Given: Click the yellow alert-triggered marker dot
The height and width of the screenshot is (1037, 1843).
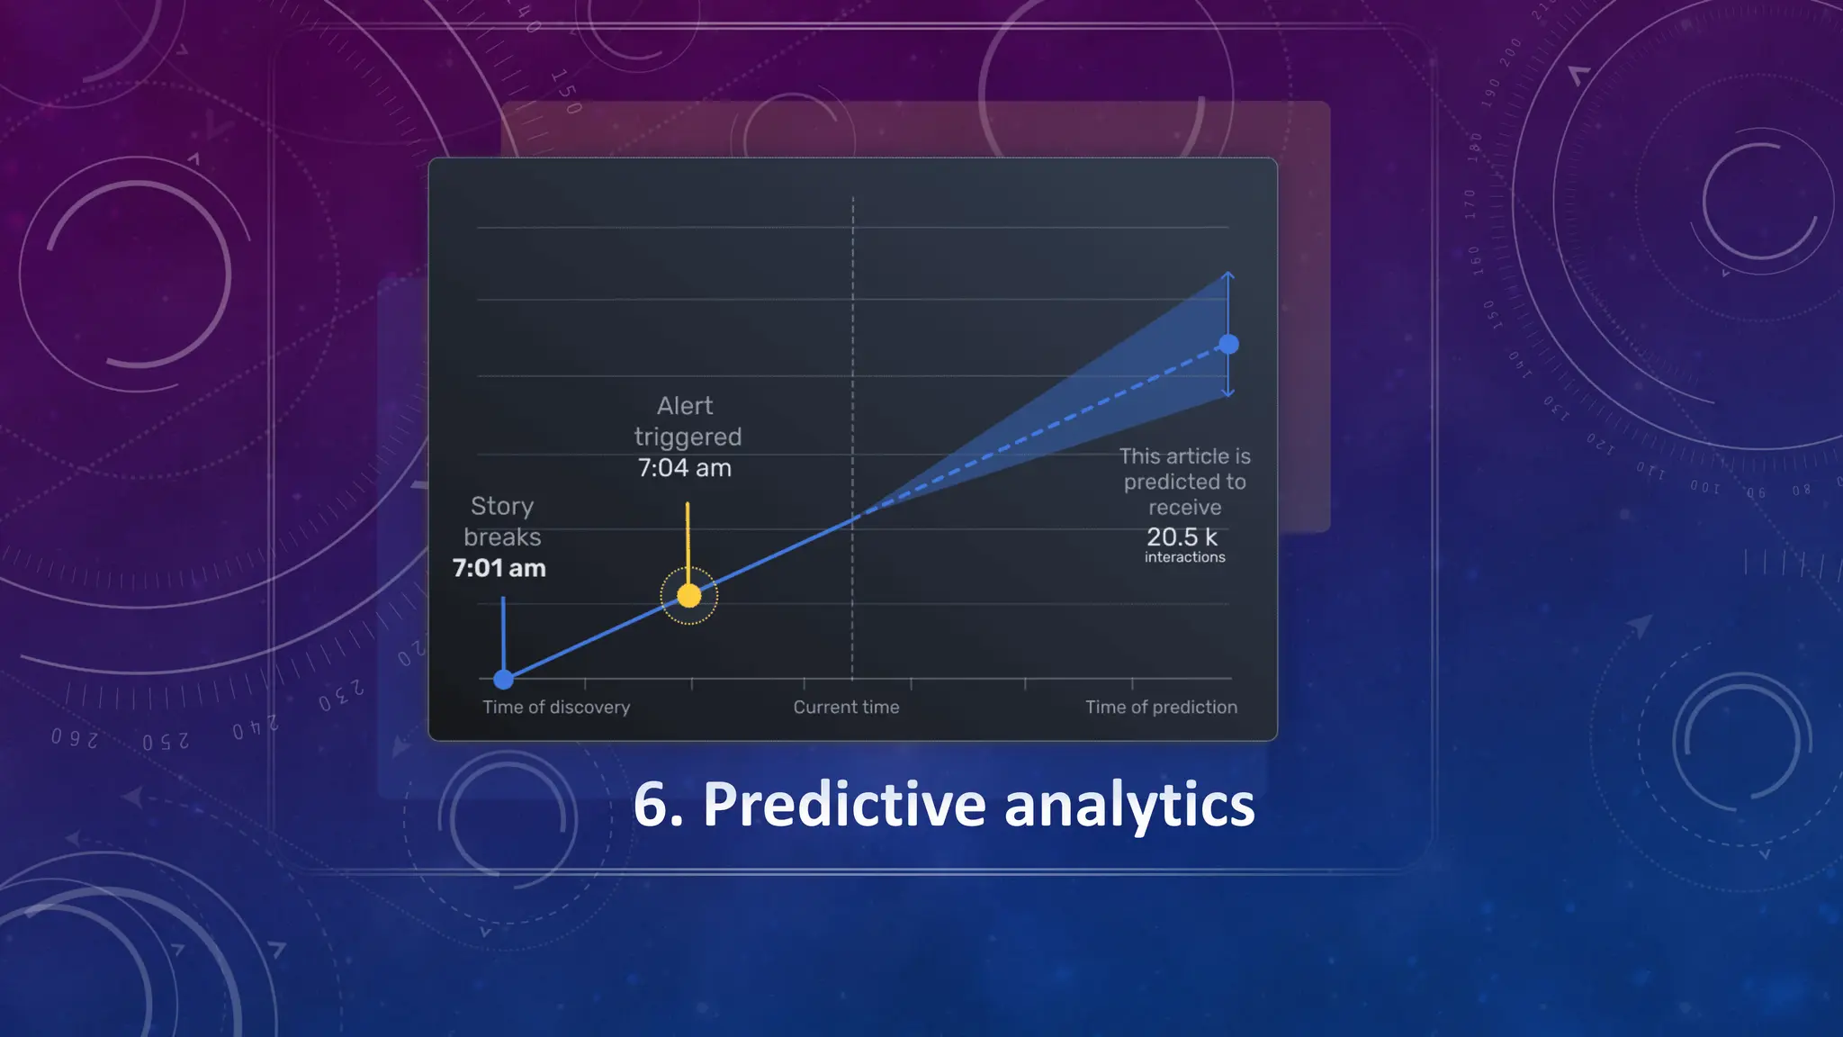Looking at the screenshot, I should point(688,595).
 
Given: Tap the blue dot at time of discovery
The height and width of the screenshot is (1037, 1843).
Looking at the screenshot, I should point(504,679).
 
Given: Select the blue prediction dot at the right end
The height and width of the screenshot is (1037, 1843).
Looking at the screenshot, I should point(1228,344).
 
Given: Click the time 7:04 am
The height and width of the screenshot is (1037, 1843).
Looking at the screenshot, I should point(684,468).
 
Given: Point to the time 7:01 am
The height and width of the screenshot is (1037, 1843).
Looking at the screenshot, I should point(499,568).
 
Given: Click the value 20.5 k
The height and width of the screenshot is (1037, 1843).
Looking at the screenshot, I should point(1182,537).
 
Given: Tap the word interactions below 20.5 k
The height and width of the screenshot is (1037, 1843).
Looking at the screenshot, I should point(1184,557).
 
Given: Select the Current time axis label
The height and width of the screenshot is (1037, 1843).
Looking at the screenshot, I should point(846,708).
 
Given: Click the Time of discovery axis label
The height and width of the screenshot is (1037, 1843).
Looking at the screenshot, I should point(556,708).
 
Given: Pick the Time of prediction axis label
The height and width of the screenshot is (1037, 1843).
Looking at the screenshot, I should point(1161,708).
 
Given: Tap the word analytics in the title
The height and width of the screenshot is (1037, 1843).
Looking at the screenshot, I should point(1128,804).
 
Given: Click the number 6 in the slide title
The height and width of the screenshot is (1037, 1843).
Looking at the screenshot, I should point(651,804).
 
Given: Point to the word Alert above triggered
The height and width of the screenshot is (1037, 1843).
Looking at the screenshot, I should point(685,406).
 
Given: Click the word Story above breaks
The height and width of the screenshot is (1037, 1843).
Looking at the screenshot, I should point(502,506).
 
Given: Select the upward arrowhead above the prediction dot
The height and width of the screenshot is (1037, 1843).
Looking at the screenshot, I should point(1228,275).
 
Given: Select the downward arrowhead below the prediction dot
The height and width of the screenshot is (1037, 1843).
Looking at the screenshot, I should point(1228,392).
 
